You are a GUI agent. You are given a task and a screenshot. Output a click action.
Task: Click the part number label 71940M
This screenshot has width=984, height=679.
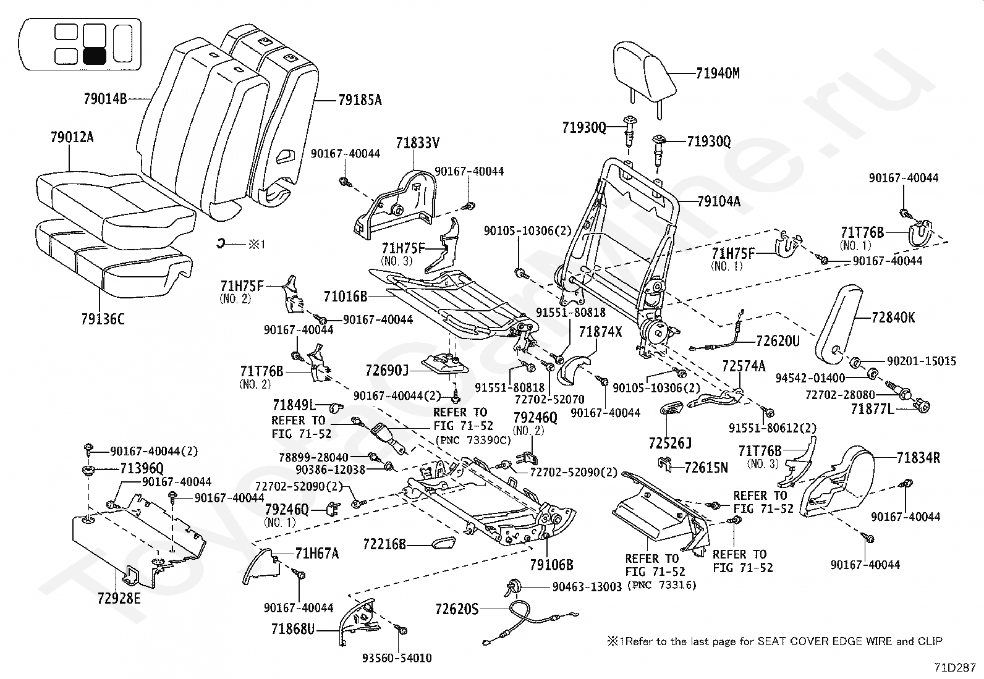tap(718, 73)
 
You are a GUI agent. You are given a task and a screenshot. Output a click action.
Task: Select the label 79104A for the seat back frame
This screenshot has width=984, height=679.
tap(719, 201)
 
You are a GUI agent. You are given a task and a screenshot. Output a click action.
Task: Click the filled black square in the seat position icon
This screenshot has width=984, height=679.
tap(95, 56)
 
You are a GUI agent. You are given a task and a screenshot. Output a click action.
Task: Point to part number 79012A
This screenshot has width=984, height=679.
tap(72, 137)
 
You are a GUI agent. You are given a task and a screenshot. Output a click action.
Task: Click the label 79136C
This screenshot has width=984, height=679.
tap(103, 319)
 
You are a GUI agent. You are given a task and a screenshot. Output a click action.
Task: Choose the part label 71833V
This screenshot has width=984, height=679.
tap(418, 143)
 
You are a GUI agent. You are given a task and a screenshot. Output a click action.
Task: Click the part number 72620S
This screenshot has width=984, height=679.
tap(457, 609)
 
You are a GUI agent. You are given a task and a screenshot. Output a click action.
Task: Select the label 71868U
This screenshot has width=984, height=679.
tap(293, 629)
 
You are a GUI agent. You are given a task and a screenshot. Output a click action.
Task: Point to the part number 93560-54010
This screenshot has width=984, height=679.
tap(397, 658)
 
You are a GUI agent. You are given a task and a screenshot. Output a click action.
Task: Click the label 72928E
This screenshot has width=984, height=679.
tap(119, 598)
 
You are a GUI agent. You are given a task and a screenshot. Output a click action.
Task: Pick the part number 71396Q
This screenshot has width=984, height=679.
tap(142, 468)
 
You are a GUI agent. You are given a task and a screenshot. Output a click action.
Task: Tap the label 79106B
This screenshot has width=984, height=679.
tap(552, 564)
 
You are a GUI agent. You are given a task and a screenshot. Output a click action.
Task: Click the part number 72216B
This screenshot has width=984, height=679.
tap(385, 544)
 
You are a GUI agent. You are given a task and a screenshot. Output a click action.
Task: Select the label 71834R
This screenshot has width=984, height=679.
tap(918, 458)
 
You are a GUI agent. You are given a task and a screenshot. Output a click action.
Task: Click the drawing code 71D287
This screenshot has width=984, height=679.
tap(955, 668)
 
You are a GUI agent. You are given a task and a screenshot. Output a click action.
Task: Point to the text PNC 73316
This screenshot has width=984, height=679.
tap(662, 585)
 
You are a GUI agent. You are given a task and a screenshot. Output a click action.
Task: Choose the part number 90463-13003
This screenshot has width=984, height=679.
tap(587, 587)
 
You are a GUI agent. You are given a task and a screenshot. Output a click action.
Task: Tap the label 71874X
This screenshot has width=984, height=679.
tap(601, 332)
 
